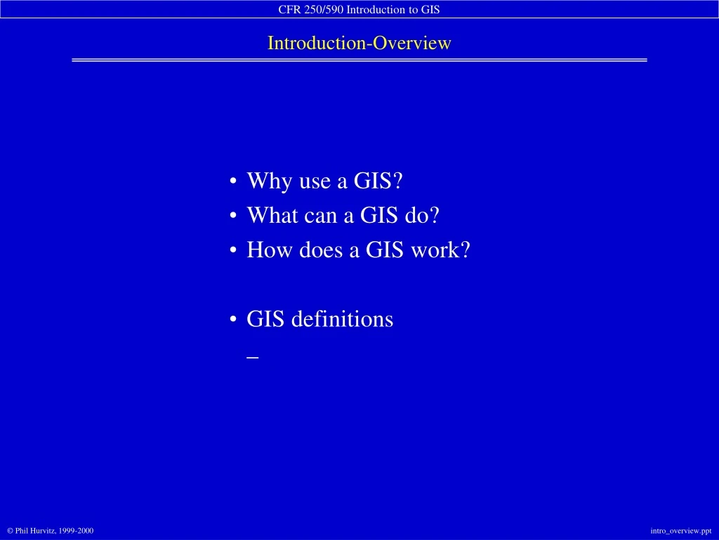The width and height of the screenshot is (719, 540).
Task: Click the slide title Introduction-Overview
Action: point(359,43)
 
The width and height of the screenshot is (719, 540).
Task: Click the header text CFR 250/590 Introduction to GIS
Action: point(359,9)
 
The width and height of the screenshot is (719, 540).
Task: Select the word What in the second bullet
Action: point(272,215)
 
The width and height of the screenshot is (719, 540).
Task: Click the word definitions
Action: point(342,319)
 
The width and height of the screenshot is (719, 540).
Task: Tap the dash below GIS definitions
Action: point(253,356)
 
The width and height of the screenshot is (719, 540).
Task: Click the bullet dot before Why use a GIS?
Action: point(232,182)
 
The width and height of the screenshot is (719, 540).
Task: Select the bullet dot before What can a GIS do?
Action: point(232,217)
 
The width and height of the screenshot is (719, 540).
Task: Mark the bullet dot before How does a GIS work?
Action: point(232,251)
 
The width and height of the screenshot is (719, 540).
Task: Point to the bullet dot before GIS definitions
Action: point(232,320)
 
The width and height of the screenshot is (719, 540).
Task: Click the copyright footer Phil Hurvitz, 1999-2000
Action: point(50,530)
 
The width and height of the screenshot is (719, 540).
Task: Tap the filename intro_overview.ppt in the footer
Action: point(680,530)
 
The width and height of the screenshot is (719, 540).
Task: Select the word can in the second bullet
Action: point(321,215)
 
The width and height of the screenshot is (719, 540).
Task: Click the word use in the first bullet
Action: point(315,181)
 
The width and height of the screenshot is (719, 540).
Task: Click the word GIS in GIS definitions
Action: point(266,319)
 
